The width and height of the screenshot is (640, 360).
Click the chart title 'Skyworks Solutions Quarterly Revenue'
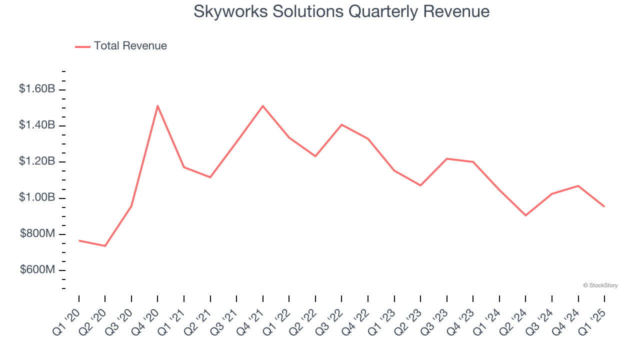[x=341, y=11]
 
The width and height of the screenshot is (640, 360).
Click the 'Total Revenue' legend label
[x=130, y=46]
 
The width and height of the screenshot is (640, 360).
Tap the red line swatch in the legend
[x=82, y=46]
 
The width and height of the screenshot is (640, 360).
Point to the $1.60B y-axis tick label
[x=36, y=89]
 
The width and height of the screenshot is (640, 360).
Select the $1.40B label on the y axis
[x=36, y=125]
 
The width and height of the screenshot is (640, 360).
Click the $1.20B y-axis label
[x=36, y=161]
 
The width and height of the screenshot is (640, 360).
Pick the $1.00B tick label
[x=36, y=197]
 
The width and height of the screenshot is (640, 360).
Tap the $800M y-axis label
[x=37, y=233]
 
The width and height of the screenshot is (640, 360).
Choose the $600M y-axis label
[x=37, y=270]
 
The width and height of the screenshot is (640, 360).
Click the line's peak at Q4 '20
[x=157, y=106]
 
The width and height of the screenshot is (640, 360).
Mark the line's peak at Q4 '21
[x=262, y=106]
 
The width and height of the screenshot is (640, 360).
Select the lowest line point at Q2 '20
[x=105, y=246]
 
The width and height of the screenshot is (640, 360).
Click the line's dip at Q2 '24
[x=525, y=215]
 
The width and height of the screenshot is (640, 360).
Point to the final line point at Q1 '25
[x=604, y=206]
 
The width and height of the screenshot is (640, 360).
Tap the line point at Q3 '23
[x=446, y=158]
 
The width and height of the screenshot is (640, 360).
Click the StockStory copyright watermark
[x=600, y=285]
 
